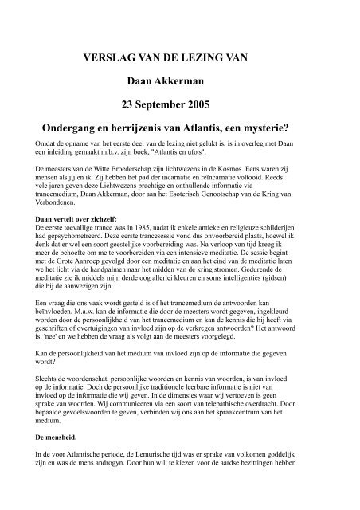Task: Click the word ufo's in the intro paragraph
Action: point(207,151)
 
